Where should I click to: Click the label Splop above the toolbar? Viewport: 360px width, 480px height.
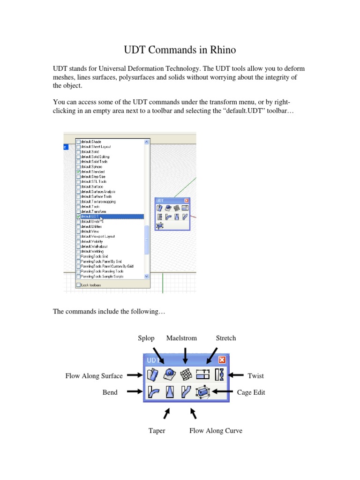[x=146, y=338]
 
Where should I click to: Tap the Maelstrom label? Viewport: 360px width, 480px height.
[x=181, y=338]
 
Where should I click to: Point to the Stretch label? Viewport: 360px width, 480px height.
[x=225, y=338]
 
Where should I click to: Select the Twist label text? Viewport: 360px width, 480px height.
[x=255, y=375]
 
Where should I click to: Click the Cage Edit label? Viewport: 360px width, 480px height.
[x=251, y=392]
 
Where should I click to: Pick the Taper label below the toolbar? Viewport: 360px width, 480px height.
[x=157, y=430]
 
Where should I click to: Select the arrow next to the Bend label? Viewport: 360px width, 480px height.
[x=135, y=391]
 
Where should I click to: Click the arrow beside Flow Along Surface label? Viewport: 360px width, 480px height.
[x=135, y=375]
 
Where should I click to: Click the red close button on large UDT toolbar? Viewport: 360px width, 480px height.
[x=222, y=360]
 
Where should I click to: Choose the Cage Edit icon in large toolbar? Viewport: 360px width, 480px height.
[x=203, y=391]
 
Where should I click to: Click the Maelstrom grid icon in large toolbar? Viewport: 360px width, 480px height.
[x=187, y=375]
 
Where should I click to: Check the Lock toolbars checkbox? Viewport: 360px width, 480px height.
[x=78, y=285]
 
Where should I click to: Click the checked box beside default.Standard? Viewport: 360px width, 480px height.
[x=78, y=172]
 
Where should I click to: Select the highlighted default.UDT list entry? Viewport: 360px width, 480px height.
[x=110, y=217]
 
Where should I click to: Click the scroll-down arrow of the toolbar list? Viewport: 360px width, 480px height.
[x=147, y=277]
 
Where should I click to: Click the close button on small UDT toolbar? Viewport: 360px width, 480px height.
[x=187, y=201]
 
